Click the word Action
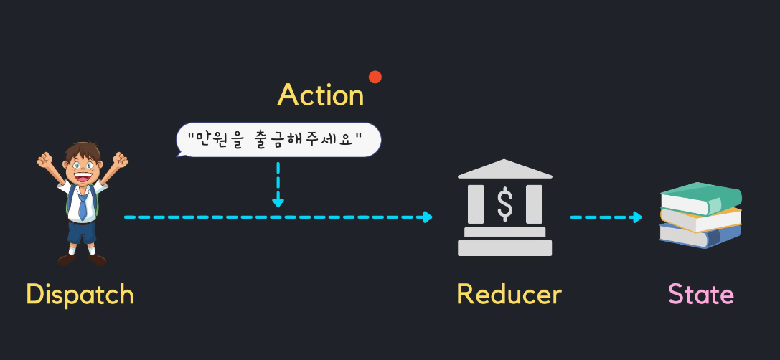pyautogui.click(x=321, y=95)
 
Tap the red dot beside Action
pyautogui.click(x=375, y=77)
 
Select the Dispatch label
pyautogui.click(x=80, y=294)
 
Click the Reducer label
pyautogui.click(x=509, y=294)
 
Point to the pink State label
pyautogui.click(x=700, y=294)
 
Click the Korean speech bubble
pyautogui.click(x=278, y=141)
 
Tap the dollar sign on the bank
pyautogui.click(x=505, y=204)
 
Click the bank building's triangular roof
pyautogui.click(x=505, y=170)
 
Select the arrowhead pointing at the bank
pyautogui.click(x=428, y=217)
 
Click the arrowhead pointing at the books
pyautogui.click(x=638, y=217)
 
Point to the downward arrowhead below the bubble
pyautogui.click(x=278, y=202)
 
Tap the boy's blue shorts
pyautogui.click(x=81, y=232)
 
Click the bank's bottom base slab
pyautogui.click(x=505, y=248)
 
